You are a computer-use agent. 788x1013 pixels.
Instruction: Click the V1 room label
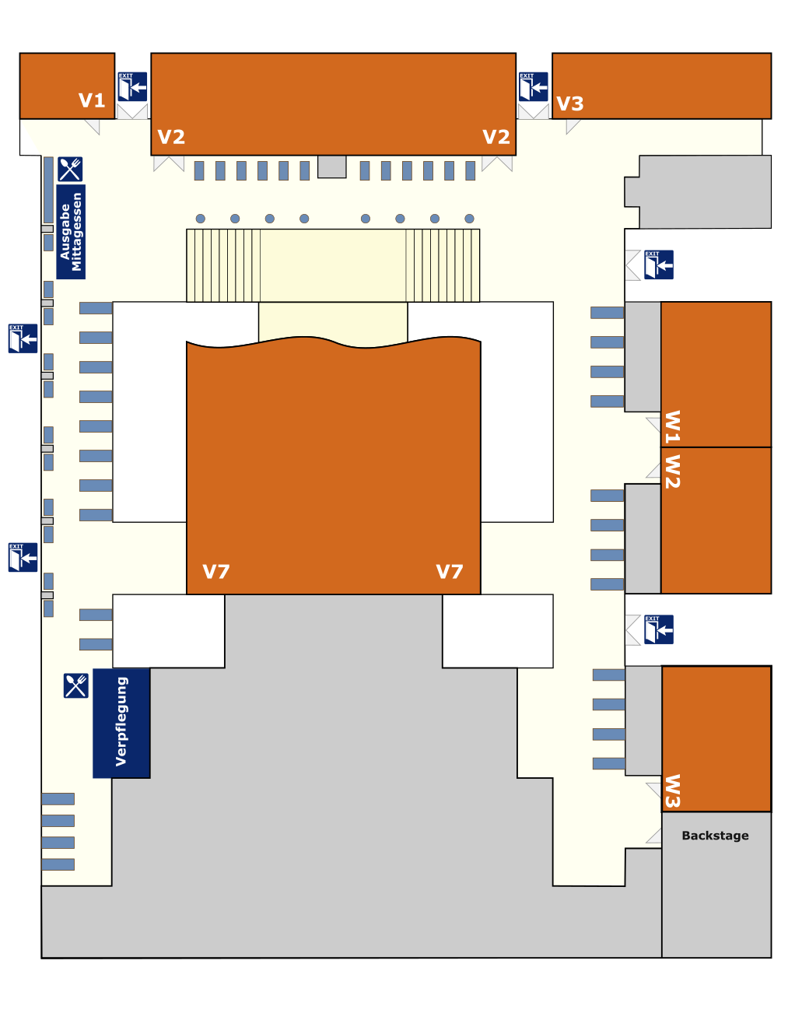(x=92, y=100)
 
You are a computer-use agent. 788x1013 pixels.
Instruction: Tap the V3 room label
(x=570, y=103)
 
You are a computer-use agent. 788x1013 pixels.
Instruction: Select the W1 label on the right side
(x=672, y=426)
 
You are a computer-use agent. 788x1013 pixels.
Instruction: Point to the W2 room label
(x=672, y=471)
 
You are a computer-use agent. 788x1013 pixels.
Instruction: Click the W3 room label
(x=672, y=791)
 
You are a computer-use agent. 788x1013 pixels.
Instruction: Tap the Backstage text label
(x=715, y=836)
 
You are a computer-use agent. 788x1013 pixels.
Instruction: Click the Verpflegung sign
(x=121, y=723)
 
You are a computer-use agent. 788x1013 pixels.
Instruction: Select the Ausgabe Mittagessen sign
(x=71, y=232)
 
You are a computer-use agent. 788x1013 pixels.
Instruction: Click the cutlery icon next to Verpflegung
(x=76, y=685)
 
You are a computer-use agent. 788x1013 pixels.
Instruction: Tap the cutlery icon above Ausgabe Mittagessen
(x=70, y=169)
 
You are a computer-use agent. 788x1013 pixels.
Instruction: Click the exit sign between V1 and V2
(x=132, y=87)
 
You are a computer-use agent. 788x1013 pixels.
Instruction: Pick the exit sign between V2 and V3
(x=534, y=87)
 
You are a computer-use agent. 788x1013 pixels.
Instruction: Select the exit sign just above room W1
(x=659, y=265)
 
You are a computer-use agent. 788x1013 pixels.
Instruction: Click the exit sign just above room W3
(x=659, y=629)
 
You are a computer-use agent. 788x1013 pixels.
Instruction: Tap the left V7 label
(x=216, y=572)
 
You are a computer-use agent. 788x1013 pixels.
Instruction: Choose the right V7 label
(x=450, y=572)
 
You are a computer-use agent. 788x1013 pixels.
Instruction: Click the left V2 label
(x=171, y=138)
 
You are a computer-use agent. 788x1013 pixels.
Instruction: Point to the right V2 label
(x=496, y=138)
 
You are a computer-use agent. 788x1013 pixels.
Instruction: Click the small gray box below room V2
(x=332, y=166)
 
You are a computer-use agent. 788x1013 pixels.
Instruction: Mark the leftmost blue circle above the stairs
(x=201, y=219)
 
